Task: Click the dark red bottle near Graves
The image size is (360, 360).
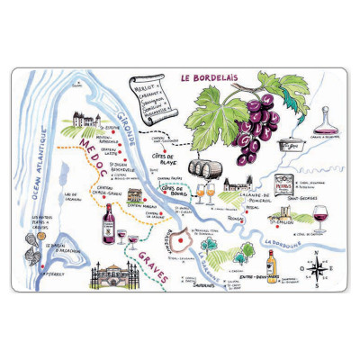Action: [110, 223]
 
